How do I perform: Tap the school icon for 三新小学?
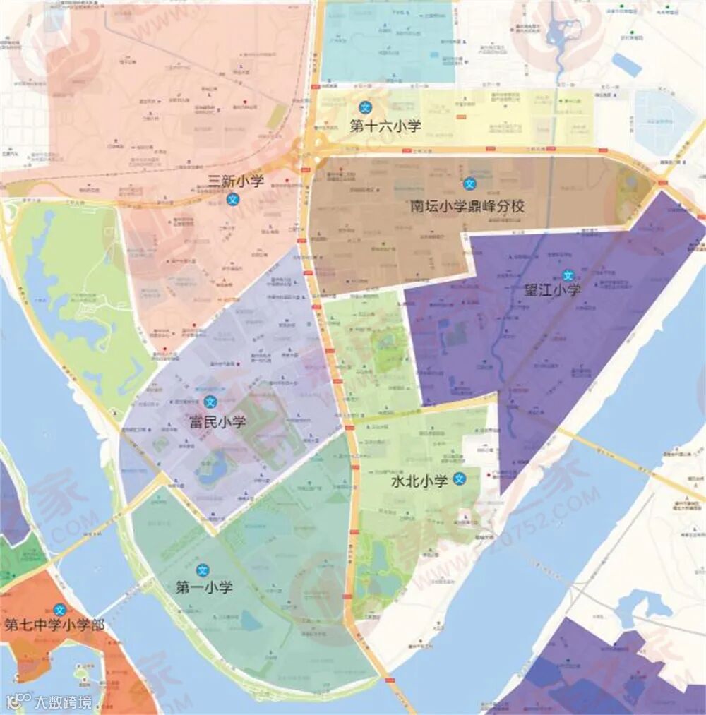click(x=232, y=200)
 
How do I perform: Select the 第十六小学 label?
click(x=385, y=127)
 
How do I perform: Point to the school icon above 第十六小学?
click(x=365, y=107)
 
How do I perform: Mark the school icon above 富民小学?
click(x=209, y=402)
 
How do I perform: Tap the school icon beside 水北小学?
click(x=460, y=479)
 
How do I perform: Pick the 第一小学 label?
click(x=204, y=587)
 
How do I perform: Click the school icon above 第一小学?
click(x=203, y=569)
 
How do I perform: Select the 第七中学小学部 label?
click(x=54, y=625)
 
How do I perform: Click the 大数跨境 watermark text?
click(x=64, y=702)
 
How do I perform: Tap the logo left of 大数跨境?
click(x=19, y=702)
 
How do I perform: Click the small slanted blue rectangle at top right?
click(x=626, y=65)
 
